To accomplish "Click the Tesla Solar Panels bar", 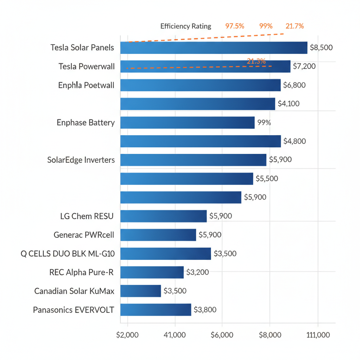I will (214, 47).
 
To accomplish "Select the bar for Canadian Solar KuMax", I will (141, 291).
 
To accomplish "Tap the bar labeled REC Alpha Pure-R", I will (152, 272).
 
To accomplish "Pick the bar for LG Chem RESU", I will (163, 216).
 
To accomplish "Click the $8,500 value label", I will (321, 47).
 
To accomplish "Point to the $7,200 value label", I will (304, 66).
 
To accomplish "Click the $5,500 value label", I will (266, 179).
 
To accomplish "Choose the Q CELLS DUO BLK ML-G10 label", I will (68, 253).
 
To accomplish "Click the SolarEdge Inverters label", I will (81, 160).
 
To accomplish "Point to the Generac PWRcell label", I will (84, 235).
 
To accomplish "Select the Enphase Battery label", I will (85, 123).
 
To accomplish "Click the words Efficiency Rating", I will (186, 26).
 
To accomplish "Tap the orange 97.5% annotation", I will (234, 26).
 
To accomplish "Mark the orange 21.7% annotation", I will (295, 26).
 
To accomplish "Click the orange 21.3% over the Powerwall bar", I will (256, 61).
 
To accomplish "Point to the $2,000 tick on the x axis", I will (127, 335).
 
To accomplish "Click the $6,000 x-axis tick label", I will (222, 335).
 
